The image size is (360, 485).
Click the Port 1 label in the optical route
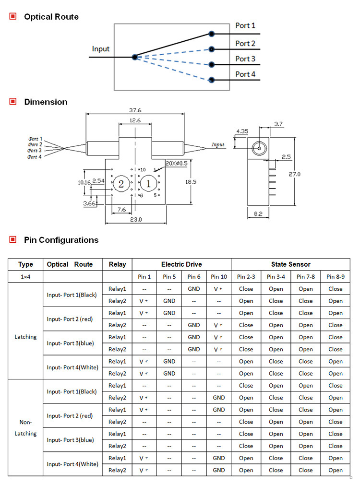pyautogui.click(x=245, y=25)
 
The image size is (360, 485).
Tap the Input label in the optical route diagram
pyautogui.click(x=101, y=49)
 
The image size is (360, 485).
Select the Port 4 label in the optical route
pyautogui.click(x=245, y=74)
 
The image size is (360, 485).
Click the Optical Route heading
pyautogui.click(x=51, y=17)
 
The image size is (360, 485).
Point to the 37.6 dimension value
pyautogui.click(x=135, y=110)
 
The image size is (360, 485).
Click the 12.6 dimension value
pyautogui.click(x=135, y=121)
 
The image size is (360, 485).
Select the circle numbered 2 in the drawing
pyautogui.click(x=121, y=184)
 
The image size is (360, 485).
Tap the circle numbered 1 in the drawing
pyautogui.click(x=148, y=184)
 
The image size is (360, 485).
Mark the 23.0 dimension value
pyautogui.click(x=135, y=220)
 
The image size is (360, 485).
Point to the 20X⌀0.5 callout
pyautogui.click(x=176, y=164)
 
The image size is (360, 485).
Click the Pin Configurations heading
pyautogui.click(x=61, y=240)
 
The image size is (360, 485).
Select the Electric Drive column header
pyautogui.click(x=181, y=264)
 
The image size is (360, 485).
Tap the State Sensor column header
pyautogui.click(x=290, y=264)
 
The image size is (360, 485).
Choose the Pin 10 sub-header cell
pyautogui.click(x=219, y=277)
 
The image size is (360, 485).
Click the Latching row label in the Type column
pyautogui.click(x=25, y=337)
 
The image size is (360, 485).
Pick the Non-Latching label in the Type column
pyautogui.click(x=25, y=428)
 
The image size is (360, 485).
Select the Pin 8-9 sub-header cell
pyautogui.click(x=336, y=277)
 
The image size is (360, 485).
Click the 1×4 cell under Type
pyautogui.click(x=25, y=277)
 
